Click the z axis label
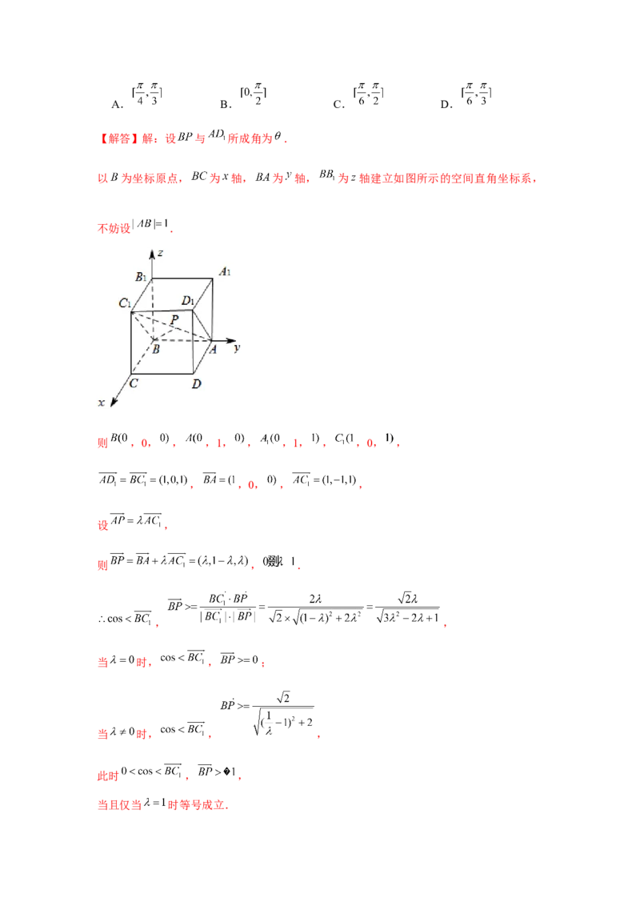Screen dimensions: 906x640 click(x=161, y=253)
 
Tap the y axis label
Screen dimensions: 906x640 click(x=238, y=348)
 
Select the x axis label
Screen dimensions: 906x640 click(x=102, y=403)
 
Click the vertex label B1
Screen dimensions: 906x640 click(x=140, y=278)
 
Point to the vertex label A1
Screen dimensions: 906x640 click(x=226, y=272)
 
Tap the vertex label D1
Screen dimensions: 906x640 click(x=188, y=301)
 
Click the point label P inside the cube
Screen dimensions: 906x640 click(x=174, y=319)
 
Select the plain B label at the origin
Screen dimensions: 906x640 click(x=156, y=350)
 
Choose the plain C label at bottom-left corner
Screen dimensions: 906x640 click(x=134, y=383)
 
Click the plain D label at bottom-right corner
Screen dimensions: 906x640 click(x=196, y=384)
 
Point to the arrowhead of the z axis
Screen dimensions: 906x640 click(x=152, y=253)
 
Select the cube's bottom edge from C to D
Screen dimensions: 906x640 click(x=163, y=374)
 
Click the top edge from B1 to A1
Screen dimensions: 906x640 click(x=183, y=279)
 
